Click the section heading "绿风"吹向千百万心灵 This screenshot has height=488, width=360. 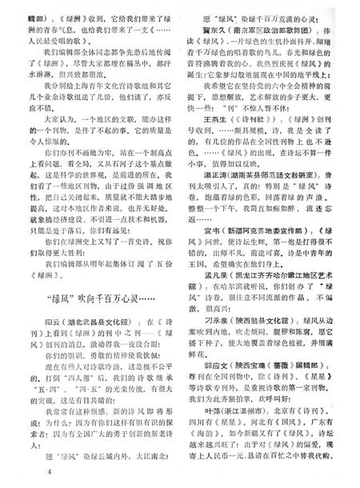click(x=101, y=302)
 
